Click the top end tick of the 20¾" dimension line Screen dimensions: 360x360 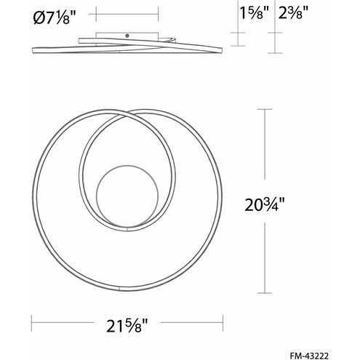265,109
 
